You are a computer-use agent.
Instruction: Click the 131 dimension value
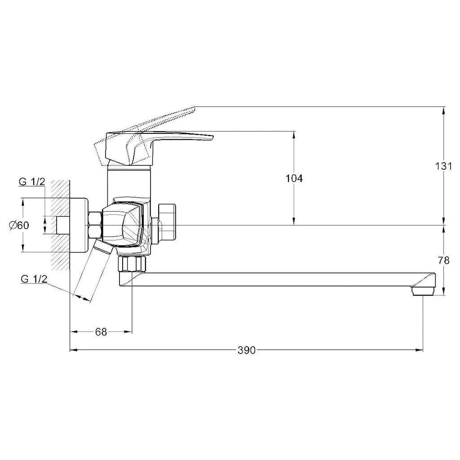443,166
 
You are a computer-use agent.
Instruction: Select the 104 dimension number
294,178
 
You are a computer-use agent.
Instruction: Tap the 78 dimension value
443,260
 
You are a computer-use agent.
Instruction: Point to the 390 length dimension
247,350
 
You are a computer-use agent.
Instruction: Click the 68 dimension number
101,332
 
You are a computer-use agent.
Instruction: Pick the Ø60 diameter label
19,226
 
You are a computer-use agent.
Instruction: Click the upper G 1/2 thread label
32,182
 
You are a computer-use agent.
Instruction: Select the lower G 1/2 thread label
34,279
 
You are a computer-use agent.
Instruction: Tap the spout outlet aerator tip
423,291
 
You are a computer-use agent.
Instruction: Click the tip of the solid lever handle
212,137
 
